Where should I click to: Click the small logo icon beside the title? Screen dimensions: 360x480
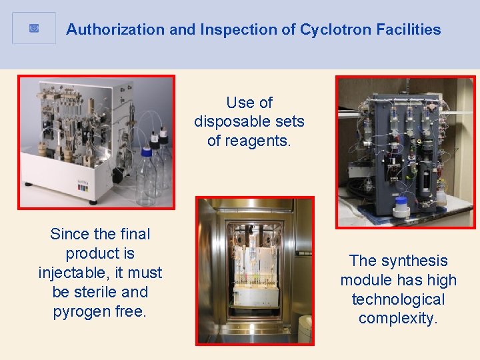34,28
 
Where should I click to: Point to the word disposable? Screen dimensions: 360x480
249,121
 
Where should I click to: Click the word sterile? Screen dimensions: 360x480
83,292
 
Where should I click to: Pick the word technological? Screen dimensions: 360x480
398,299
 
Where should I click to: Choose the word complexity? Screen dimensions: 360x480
398,319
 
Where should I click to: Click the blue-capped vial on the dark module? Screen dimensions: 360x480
401,206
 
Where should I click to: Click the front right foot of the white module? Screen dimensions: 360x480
93,201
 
